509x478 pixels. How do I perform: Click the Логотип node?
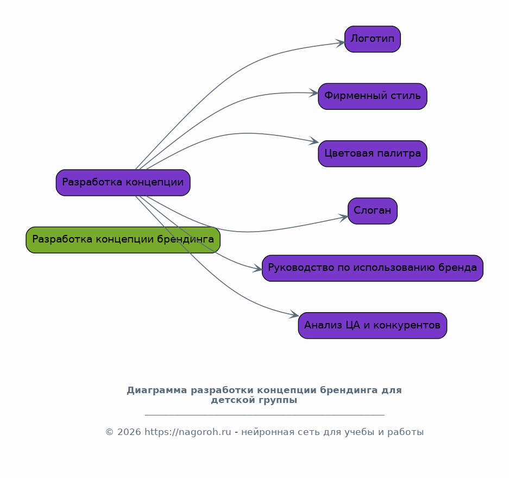pos(372,39)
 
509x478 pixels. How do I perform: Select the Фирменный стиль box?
pos(372,96)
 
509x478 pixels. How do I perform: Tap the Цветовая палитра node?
pos(372,153)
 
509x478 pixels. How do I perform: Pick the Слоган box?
pos(372,211)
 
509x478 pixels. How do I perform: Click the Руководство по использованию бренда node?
pos(372,268)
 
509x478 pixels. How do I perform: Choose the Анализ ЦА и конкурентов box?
pos(372,325)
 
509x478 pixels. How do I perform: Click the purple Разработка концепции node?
pos(123,183)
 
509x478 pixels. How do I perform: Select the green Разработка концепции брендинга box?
pos(123,240)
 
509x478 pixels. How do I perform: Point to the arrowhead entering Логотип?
pos(341,43)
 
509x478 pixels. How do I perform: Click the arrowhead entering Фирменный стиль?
pos(314,93)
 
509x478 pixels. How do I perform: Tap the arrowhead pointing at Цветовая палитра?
pos(314,142)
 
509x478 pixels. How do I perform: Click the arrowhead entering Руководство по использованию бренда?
pos(258,269)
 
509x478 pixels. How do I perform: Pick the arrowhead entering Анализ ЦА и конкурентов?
pos(294,315)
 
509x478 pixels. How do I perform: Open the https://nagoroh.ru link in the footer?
pos(187,432)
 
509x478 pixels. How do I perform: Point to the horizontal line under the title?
pos(265,415)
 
